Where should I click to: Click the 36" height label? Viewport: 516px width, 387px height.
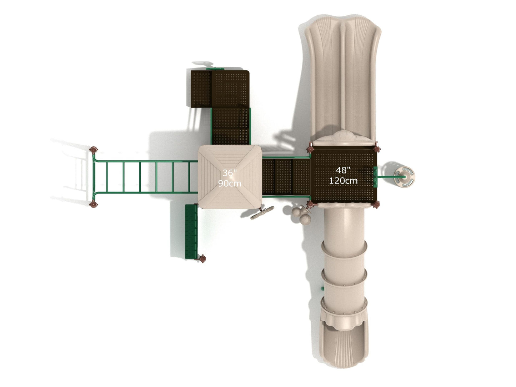(x=229, y=173)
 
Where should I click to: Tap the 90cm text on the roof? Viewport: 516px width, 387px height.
(x=230, y=183)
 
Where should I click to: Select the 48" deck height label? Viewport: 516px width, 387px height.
(x=343, y=170)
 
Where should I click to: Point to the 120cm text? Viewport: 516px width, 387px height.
(x=343, y=181)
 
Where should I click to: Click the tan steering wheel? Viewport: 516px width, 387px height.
(x=405, y=177)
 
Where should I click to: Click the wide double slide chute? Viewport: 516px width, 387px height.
(x=342, y=77)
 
